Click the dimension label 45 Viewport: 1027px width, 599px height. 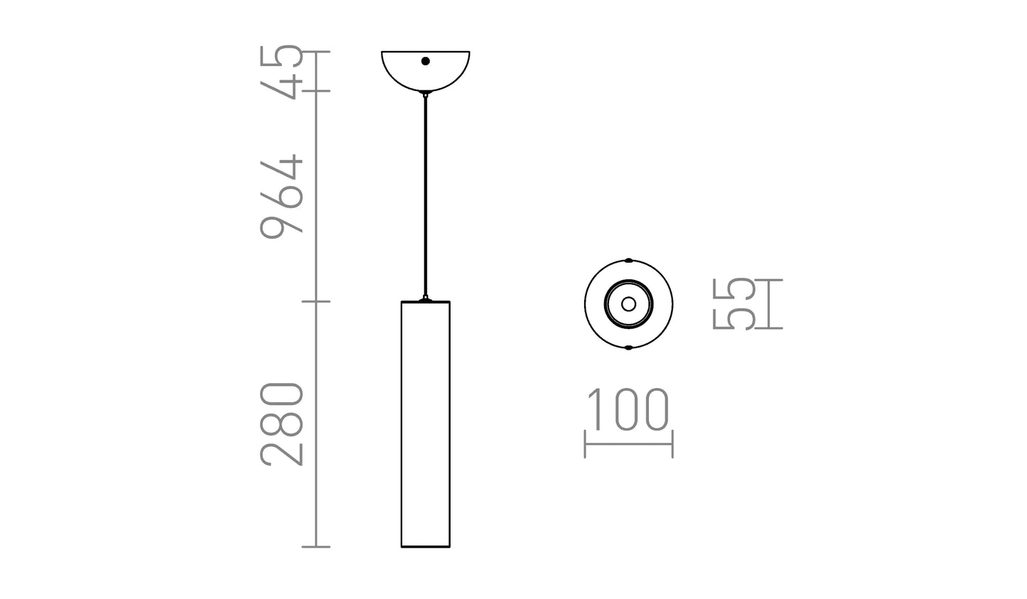point(281,72)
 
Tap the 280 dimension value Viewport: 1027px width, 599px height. point(281,423)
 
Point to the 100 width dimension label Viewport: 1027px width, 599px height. point(628,410)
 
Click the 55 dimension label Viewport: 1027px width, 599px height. point(733,304)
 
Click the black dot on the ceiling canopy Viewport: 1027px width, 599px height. point(425,61)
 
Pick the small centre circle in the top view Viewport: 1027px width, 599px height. point(628,304)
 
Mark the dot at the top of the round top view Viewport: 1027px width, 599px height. point(628,260)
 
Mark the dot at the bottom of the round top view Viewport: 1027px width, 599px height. point(628,348)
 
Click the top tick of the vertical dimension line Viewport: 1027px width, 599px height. point(317,52)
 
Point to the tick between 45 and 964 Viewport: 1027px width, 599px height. point(317,91)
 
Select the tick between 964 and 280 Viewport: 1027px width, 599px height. point(317,302)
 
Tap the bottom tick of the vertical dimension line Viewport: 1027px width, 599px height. point(317,546)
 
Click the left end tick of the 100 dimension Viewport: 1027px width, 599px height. point(585,444)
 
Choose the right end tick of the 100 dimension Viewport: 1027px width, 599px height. point(672,444)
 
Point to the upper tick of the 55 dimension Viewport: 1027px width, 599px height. point(768,280)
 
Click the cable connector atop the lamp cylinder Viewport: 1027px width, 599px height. point(425,299)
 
